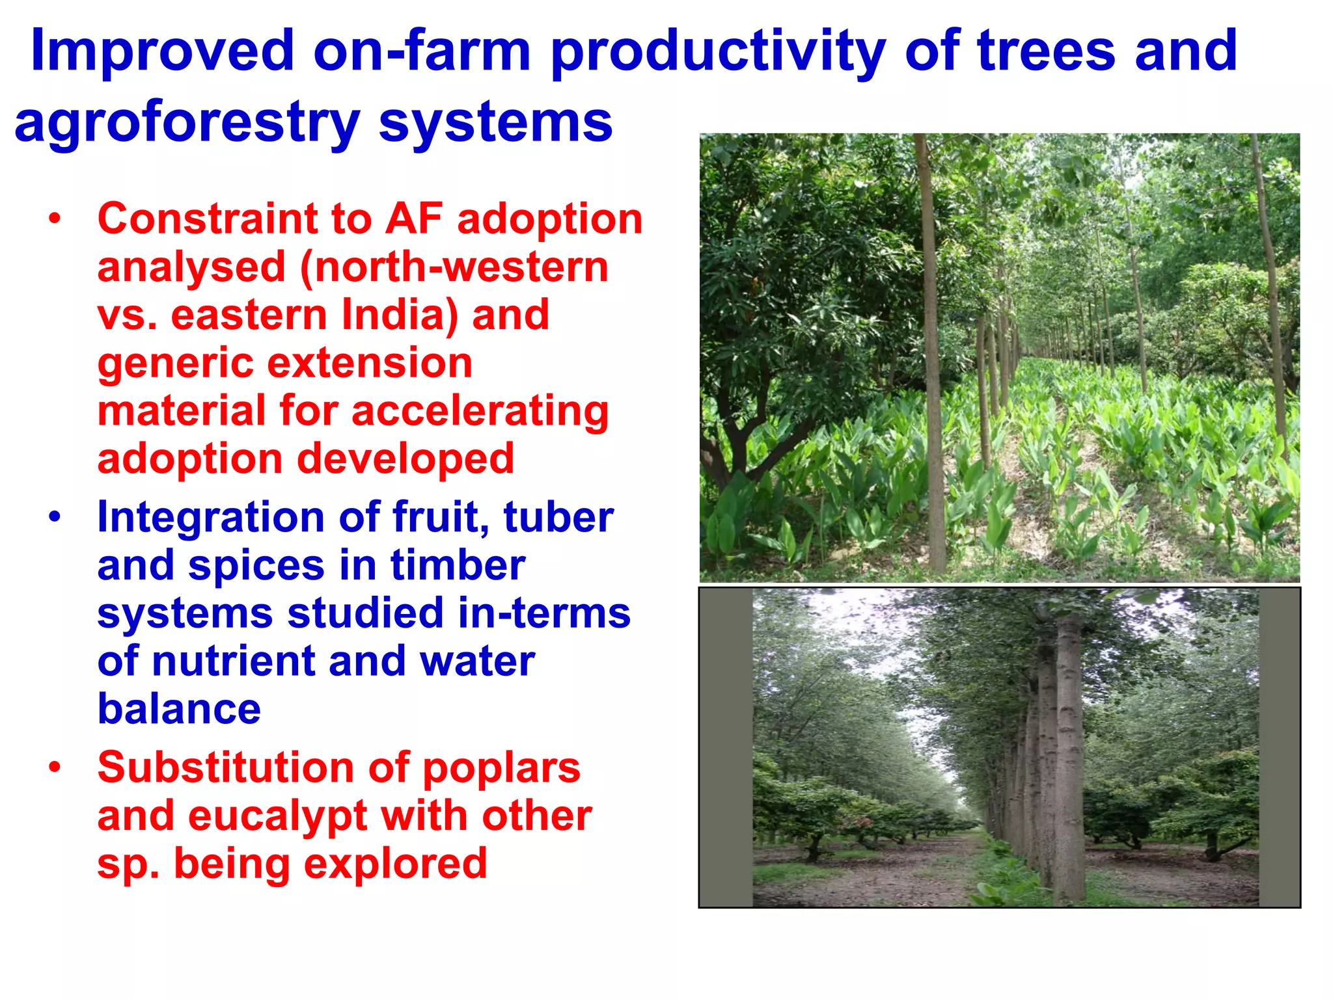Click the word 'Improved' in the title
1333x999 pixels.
(x=163, y=52)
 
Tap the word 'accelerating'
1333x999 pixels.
(x=480, y=411)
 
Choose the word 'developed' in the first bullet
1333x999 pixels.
(x=405, y=459)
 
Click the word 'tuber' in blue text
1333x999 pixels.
(x=558, y=518)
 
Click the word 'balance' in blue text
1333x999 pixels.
(x=179, y=709)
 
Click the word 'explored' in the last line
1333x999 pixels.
(x=395, y=864)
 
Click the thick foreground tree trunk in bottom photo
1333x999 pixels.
(x=1067, y=761)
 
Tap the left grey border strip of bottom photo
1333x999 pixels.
(x=726, y=748)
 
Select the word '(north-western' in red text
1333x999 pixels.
(x=454, y=267)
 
